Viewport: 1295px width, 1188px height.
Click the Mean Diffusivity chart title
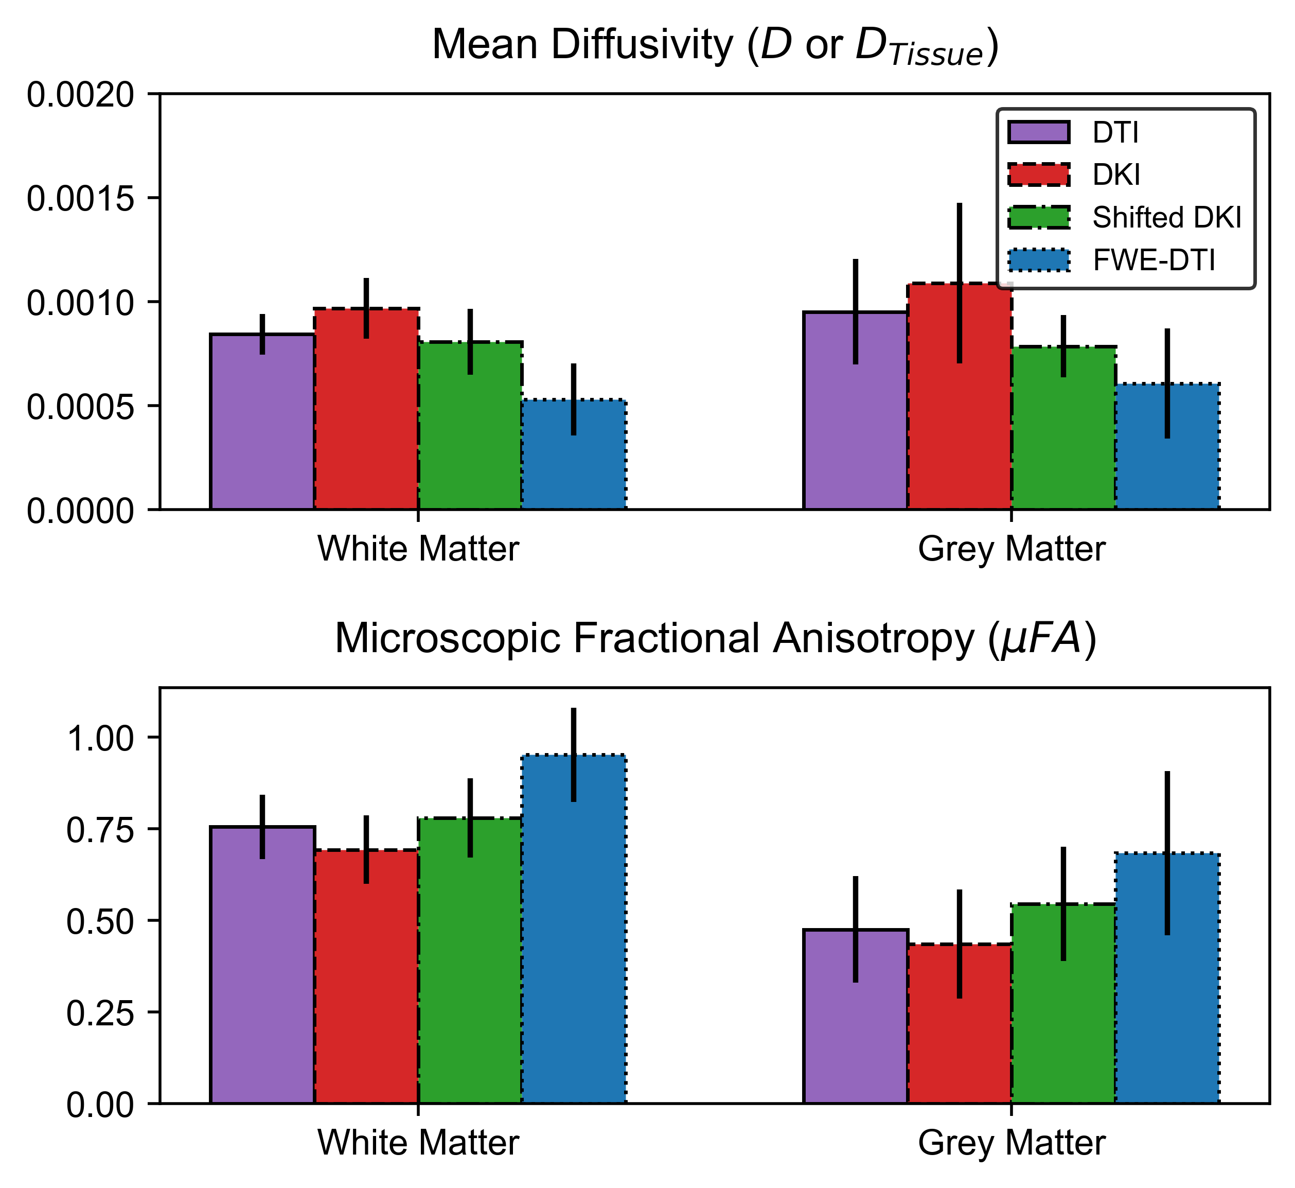(715, 46)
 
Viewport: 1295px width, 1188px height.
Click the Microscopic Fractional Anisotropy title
(715, 640)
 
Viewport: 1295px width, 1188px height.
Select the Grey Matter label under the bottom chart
(1012, 1144)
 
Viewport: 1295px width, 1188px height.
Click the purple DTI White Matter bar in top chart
(262, 424)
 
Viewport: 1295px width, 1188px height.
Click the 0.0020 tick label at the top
(81, 95)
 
